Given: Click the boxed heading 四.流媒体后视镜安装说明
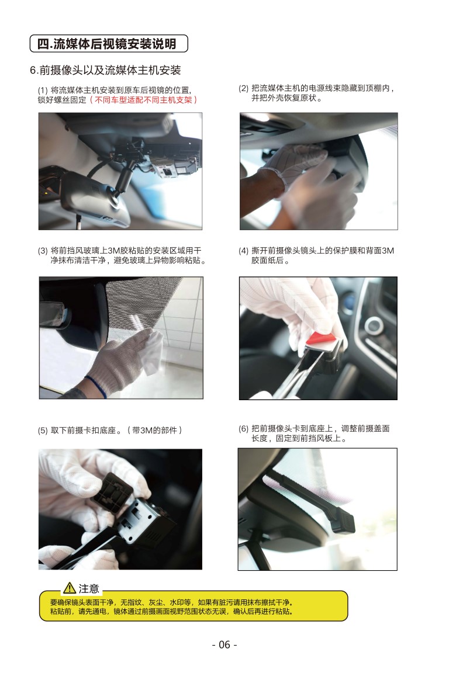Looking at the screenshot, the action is point(109,44).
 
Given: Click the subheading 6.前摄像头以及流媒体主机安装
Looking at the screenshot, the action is point(105,70).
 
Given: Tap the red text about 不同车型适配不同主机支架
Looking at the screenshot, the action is point(143,100).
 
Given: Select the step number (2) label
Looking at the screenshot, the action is point(243,88).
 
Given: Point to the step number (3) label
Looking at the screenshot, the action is point(43,251).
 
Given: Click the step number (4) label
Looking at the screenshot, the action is point(243,251).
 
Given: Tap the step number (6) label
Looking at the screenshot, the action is point(243,428).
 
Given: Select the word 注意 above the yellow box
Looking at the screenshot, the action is point(89,588).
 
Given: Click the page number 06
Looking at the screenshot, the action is point(224,645).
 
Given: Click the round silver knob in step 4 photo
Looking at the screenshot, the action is point(374,326).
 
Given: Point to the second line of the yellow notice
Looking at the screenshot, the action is point(172,611).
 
